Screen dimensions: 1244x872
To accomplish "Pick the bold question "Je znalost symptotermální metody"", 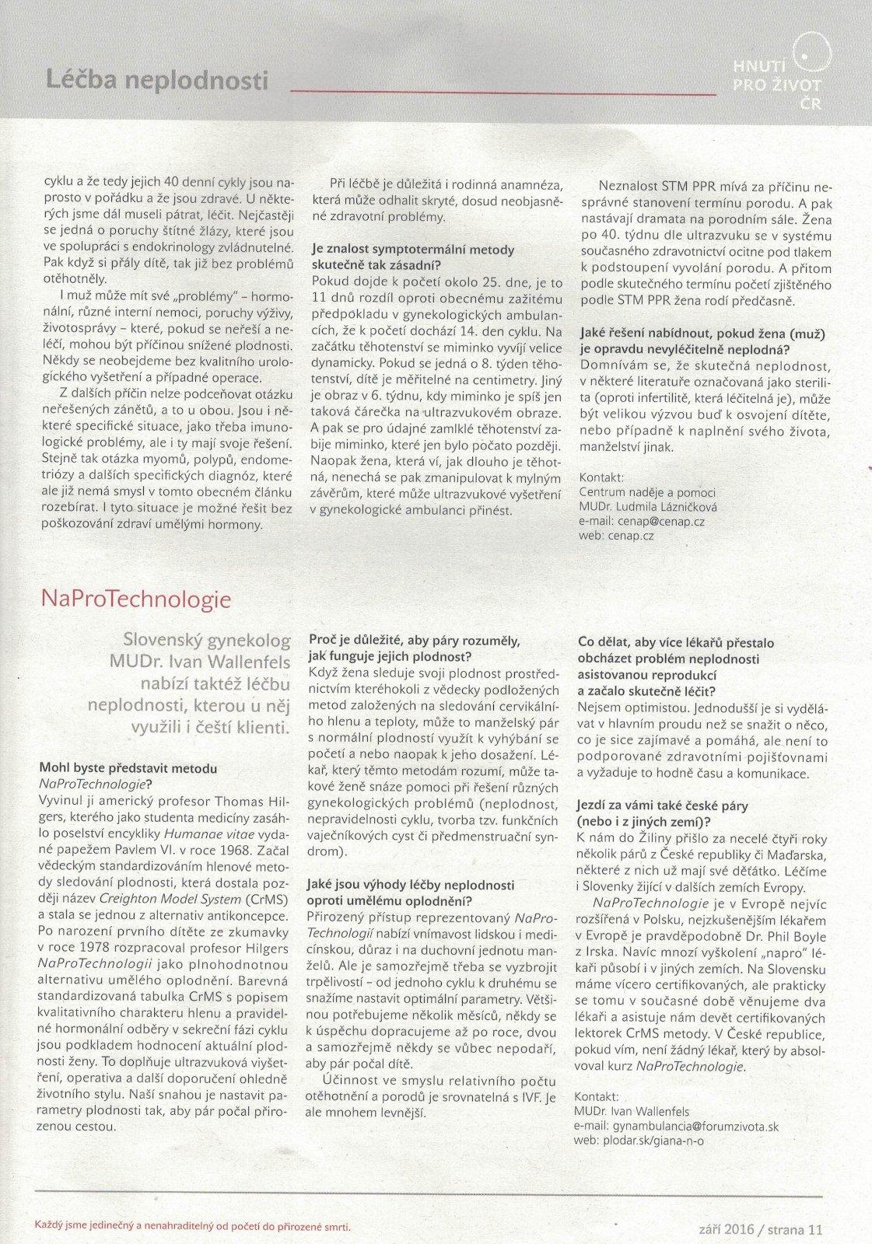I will pyautogui.click(x=412, y=250).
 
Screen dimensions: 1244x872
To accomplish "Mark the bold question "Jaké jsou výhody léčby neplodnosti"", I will pyautogui.click(x=411, y=886).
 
